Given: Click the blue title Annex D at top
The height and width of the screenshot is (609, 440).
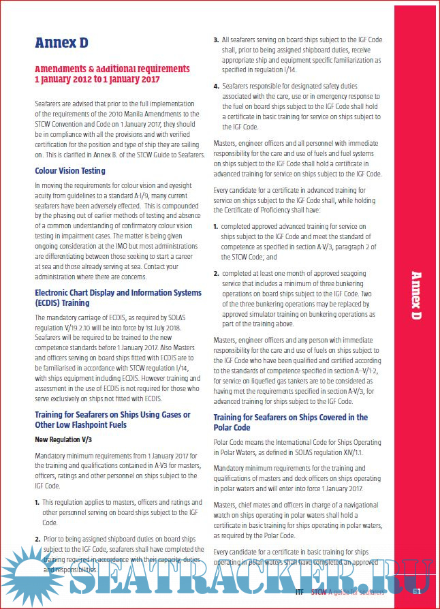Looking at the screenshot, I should pos(61,43).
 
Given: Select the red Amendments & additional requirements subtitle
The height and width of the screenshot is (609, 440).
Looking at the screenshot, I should pos(112,74).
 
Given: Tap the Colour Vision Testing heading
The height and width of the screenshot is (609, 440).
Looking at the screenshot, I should pos(70,170).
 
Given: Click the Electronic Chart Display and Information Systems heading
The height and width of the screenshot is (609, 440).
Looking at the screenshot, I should pos(118,298).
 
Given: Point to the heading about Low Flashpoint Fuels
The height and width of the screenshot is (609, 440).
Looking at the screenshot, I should pos(112,420).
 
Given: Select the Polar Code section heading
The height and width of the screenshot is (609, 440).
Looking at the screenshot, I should pos(291,422).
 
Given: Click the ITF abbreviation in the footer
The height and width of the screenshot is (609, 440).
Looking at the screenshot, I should pos(300,593).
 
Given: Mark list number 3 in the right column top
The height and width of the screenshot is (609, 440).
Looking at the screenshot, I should pos(216,40).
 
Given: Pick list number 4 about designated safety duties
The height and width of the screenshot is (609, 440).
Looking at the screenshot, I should pos(216,86).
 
